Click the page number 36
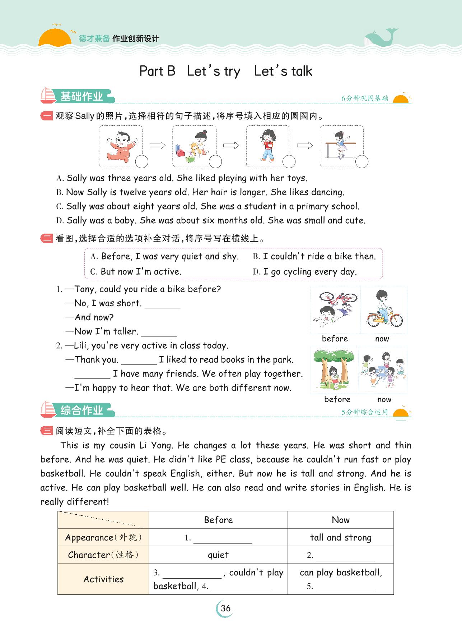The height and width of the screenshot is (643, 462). (225, 608)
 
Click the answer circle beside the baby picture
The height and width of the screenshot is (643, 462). (142, 162)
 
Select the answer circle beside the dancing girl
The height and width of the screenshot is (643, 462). (362, 162)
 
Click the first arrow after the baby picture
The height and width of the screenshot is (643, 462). (157, 145)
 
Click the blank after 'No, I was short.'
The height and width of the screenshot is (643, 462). (162, 304)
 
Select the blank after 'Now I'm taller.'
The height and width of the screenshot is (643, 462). (159, 332)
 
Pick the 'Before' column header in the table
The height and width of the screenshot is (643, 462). (218, 520)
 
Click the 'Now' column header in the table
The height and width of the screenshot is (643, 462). (340, 520)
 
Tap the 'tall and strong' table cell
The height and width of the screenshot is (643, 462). (340, 537)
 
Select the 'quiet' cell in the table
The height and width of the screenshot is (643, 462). (218, 555)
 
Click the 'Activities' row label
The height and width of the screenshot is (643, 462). (103, 579)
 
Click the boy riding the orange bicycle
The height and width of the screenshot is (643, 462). (383, 310)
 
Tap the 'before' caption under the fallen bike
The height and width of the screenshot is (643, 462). (335, 339)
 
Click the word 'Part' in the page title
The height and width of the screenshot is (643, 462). (151, 71)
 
